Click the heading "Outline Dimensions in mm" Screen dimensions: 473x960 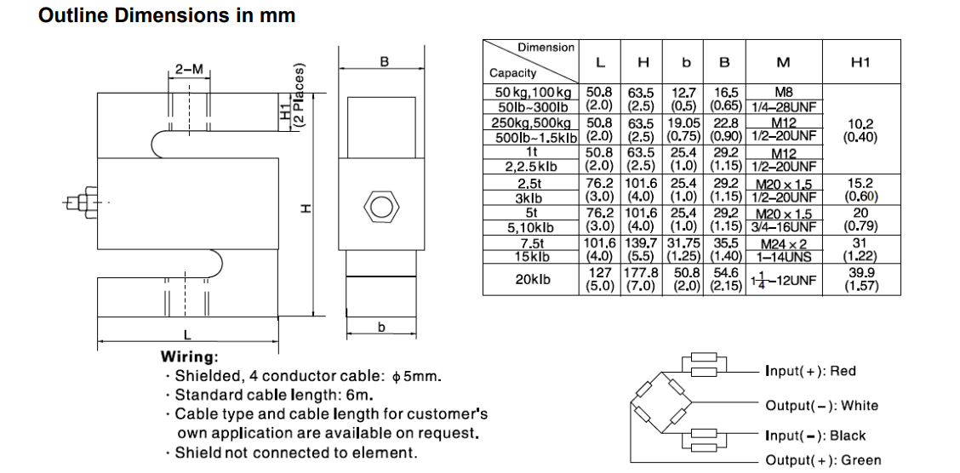167,14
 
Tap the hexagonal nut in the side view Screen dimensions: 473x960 380,205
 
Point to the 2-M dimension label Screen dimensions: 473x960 189,69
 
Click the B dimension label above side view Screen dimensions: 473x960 384,61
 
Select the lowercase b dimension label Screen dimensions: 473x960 381,328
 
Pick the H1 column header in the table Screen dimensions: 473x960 861,62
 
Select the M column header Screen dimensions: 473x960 783,62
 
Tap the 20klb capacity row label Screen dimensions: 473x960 534,278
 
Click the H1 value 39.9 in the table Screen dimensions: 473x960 861,272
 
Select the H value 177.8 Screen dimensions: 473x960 643,272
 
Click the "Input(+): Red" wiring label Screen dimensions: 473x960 810,371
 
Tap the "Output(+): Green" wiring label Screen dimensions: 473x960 823,460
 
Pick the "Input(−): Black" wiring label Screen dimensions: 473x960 814,436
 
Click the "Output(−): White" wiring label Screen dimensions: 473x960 821,406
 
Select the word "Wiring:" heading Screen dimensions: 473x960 189,357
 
